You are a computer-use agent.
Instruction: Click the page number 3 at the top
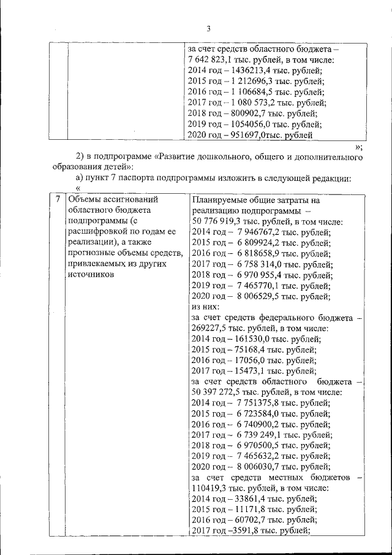coord(208,29)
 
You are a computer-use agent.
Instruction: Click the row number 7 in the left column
coord(57,199)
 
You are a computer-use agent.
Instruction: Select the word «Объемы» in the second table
coord(85,199)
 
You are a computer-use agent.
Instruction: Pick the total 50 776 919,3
coord(219,221)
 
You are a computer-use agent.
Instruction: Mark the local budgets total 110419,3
coord(209,488)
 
